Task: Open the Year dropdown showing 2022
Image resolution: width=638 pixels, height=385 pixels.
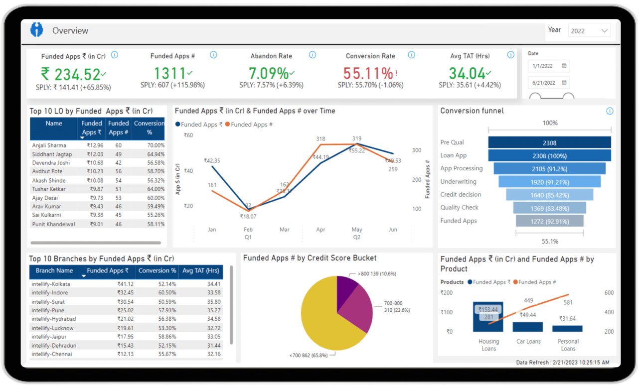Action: (x=589, y=31)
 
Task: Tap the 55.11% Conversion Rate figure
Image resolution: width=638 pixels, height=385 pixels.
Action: (x=368, y=74)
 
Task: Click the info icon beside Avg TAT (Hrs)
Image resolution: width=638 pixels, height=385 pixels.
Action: (x=510, y=55)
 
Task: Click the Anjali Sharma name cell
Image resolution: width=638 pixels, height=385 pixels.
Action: (x=49, y=145)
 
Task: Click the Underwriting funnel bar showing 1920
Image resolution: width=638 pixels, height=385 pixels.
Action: (x=549, y=182)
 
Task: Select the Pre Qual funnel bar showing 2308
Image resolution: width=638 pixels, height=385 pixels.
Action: (x=549, y=143)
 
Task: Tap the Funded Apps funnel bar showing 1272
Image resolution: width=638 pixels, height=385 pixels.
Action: (x=549, y=221)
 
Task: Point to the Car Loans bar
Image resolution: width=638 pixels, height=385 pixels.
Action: (x=527, y=327)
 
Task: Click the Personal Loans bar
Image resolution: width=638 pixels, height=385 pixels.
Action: (x=567, y=329)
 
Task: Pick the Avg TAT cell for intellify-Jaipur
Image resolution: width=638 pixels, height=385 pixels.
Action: (x=213, y=337)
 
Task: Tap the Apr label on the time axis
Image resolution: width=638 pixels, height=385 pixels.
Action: (x=320, y=230)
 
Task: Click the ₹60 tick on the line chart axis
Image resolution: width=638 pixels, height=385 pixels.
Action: (x=188, y=135)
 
